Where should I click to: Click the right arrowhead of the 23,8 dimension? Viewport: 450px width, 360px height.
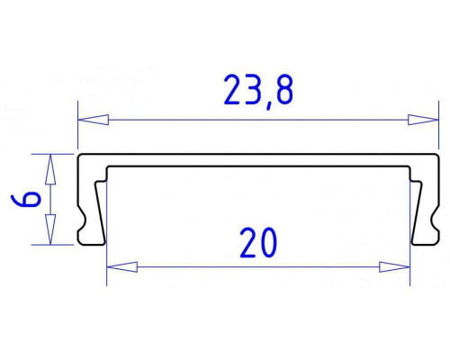416,119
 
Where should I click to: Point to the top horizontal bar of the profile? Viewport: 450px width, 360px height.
256,160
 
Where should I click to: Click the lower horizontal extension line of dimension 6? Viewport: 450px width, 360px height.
58,244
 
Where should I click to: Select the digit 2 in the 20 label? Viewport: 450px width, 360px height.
247,243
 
